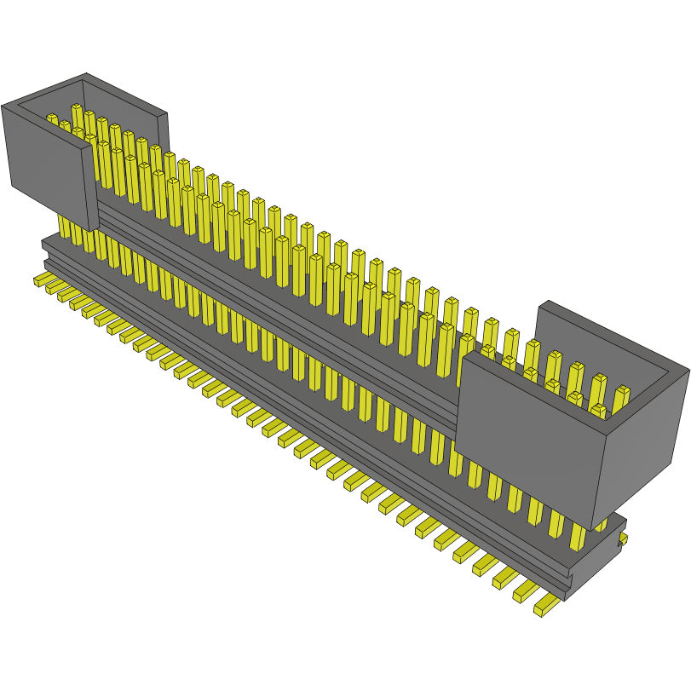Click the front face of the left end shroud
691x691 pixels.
47,162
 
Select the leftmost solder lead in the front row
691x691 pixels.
40,279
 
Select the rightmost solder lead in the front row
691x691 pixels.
545,608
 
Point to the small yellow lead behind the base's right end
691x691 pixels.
623,538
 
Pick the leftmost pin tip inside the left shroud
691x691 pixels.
51,118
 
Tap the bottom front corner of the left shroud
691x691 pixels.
89,230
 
